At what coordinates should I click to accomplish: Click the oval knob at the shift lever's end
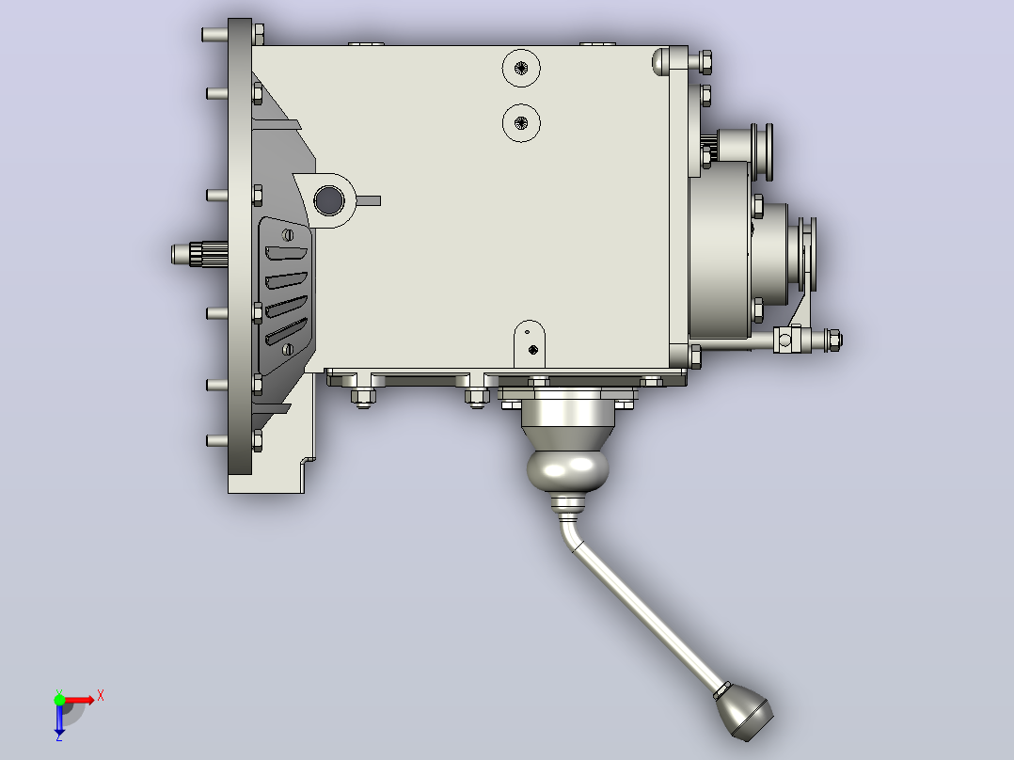(x=745, y=712)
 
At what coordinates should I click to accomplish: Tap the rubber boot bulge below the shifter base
(x=568, y=469)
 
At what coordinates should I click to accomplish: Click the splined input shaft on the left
(x=199, y=254)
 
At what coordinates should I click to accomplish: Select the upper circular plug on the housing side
(x=521, y=68)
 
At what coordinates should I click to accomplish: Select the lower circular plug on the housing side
(x=521, y=123)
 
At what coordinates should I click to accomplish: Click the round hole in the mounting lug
(x=328, y=199)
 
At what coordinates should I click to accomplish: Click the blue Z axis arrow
(x=59, y=720)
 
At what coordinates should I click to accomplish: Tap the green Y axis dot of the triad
(x=59, y=699)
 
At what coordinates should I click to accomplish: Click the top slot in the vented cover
(x=286, y=252)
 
